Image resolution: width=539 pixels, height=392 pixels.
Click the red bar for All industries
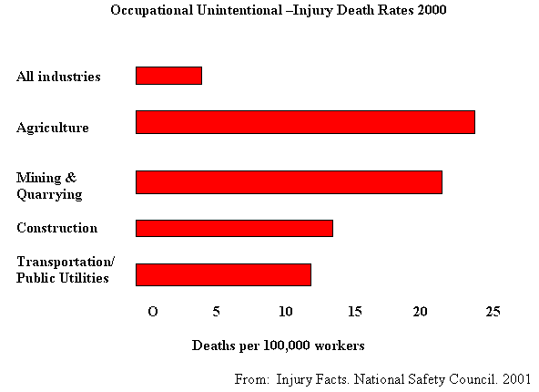[168, 76]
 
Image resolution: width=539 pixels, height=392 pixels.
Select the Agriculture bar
[305, 122]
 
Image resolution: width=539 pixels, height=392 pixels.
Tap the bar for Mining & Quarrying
[290, 182]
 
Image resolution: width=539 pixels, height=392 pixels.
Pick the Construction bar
[234, 228]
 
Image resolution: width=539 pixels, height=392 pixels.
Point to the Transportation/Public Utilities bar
[223, 274]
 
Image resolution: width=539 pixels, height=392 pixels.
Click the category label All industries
[58, 77]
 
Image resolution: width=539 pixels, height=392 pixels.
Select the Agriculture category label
[53, 128]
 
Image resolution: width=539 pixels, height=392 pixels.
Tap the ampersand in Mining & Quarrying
[70, 178]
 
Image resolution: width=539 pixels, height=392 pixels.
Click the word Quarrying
[49, 194]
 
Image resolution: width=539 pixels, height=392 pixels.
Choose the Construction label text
[57, 228]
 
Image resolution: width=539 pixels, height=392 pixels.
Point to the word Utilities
[84, 278]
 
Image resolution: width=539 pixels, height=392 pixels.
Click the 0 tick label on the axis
[153, 312]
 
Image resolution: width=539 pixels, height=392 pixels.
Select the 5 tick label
[216, 312]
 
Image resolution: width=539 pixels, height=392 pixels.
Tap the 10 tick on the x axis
[286, 312]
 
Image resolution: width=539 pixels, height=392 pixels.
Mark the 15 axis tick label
[355, 312]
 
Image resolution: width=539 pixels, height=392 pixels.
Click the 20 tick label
[420, 312]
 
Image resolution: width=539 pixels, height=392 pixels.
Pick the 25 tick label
[493, 312]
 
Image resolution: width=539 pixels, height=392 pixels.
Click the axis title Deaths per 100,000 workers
[278, 346]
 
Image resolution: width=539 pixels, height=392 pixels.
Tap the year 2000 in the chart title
[432, 10]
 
